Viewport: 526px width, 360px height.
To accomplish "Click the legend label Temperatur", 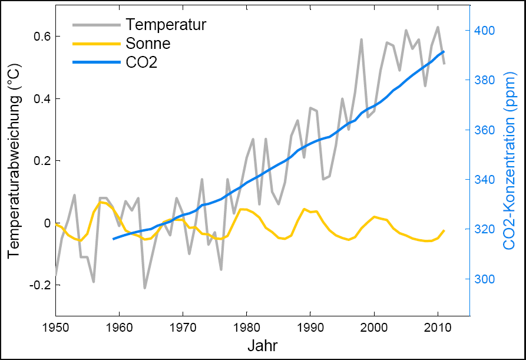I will pyautogui.click(x=166, y=25).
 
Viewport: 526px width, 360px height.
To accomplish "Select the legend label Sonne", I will pyautogui.click(x=148, y=44).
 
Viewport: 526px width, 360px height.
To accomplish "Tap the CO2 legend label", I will pyautogui.click(x=141, y=62).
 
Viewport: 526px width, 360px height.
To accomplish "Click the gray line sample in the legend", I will pyautogui.click(x=97, y=25).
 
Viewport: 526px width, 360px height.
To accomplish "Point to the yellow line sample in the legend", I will pyautogui.click(x=97, y=43).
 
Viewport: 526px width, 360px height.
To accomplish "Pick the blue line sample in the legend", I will pyautogui.click(x=97, y=61).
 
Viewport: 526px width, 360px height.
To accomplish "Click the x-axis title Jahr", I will pyautogui.click(x=262, y=345).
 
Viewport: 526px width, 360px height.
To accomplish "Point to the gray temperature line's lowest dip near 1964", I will pyautogui.click(x=144, y=288).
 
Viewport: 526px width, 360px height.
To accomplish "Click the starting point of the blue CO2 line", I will pyautogui.click(x=113, y=239).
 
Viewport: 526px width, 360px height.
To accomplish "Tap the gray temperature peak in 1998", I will pyautogui.click(x=361, y=40).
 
